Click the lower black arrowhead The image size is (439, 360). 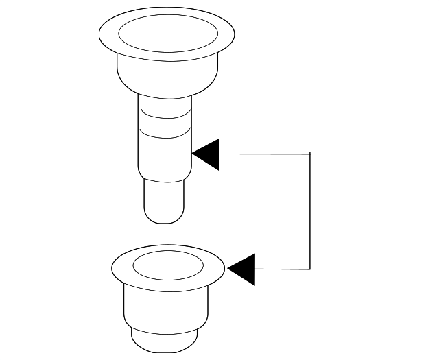[x=244, y=269]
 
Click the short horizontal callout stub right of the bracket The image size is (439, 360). [x=327, y=221]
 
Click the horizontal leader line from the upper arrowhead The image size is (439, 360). [x=264, y=154]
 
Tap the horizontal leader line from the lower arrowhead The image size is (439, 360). [x=281, y=269]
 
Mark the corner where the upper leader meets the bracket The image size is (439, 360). [x=311, y=154]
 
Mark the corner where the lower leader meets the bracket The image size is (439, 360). [x=311, y=269]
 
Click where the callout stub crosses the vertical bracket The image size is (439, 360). [x=311, y=221]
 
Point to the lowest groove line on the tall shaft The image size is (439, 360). [x=165, y=136]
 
